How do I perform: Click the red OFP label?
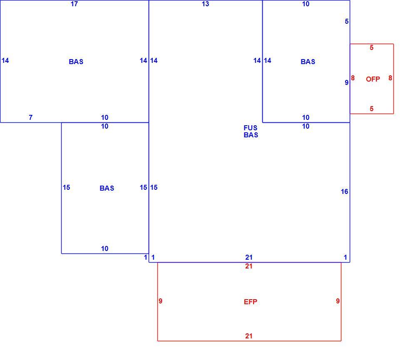[x=373, y=79]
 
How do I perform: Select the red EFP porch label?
[x=251, y=302]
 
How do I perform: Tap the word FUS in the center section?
[x=250, y=128]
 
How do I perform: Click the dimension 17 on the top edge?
[x=74, y=4]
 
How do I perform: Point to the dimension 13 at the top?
[x=205, y=4]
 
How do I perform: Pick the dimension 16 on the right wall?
[x=344, y=192]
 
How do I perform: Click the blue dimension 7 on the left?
[x=31, y=117]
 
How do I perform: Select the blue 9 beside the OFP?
[x=346, y=82]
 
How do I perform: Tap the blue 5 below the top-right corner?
[x=346, y=21]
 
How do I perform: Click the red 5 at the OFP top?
[x=371, y=47]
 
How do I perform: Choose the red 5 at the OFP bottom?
[x=371, y=109]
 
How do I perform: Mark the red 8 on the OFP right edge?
[x=390, y=78]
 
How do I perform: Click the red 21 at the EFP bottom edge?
[x=249, y=336]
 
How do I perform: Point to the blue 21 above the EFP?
[x=249, y=257]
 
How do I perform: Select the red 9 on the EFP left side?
[x=160, y=301]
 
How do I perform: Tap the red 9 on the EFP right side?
[x=338, y=301]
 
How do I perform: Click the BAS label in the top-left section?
[x=76, y=62]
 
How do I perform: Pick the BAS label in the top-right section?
[x=308, y=62]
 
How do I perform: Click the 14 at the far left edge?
[x=5, y=61]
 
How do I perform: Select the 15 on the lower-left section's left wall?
[x=66, y=187]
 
